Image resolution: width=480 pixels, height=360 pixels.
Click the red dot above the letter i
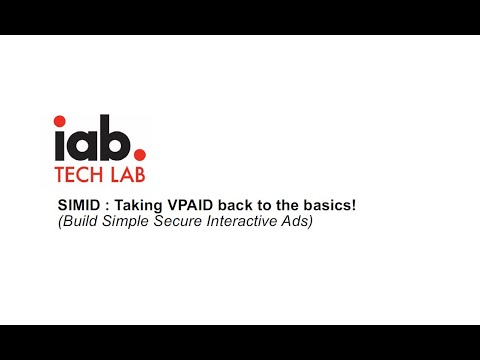tap(62, 124)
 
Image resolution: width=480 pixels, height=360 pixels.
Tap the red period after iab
tap(139, 156)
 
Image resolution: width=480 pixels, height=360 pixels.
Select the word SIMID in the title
tap(78, 205)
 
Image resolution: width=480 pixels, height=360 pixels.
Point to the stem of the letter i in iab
tap(62, 147)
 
